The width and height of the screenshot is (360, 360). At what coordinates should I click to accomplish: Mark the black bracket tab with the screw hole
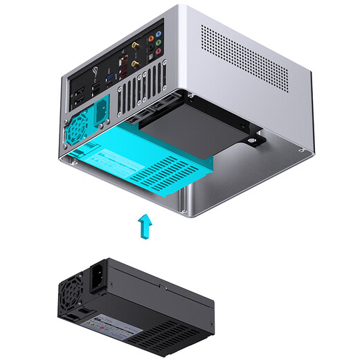[x=258, y=140]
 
